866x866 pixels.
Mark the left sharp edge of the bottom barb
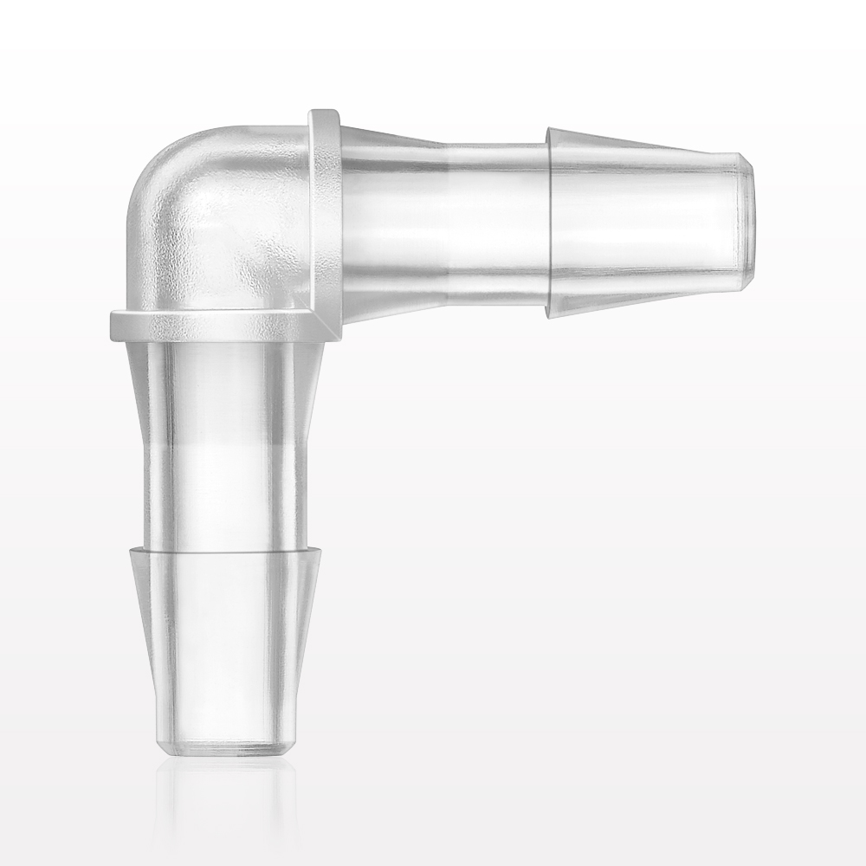(x=132, y=549)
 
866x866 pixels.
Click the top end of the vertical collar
(x=324, y=113)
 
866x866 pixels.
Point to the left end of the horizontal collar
(x=113, y=325)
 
